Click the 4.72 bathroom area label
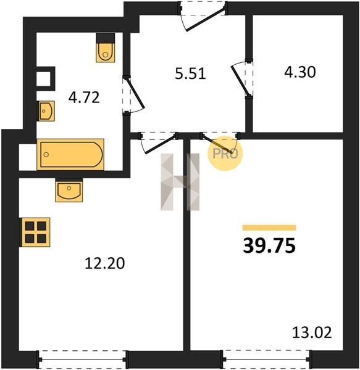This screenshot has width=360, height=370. coord(84,97)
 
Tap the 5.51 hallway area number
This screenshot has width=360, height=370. coord(190,73)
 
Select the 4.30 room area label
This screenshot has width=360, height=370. coord(299,72)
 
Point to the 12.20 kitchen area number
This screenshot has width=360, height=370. coord(104,263)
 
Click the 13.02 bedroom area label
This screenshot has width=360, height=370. coord(312,332)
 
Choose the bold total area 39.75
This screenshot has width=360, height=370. coord(269,245)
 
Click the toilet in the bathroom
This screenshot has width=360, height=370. coord(106,47)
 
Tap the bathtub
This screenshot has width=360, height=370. coord(70,154)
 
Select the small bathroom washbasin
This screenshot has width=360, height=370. coord(46,111)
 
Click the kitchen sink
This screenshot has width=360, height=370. coord(69,191)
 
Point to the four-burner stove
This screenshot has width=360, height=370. coord(35,232)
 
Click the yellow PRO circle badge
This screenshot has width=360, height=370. coord(225,154)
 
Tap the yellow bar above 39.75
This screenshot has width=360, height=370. coord(269,228)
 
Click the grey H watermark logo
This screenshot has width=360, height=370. coord(180,182)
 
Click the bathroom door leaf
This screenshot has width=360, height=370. coord(135,93)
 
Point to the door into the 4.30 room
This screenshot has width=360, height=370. coord(240,80)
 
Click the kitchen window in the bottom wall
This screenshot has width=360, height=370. coord(83,360)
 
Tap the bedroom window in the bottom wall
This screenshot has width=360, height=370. coord(267,360)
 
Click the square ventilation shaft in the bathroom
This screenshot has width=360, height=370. coord(46,78)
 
